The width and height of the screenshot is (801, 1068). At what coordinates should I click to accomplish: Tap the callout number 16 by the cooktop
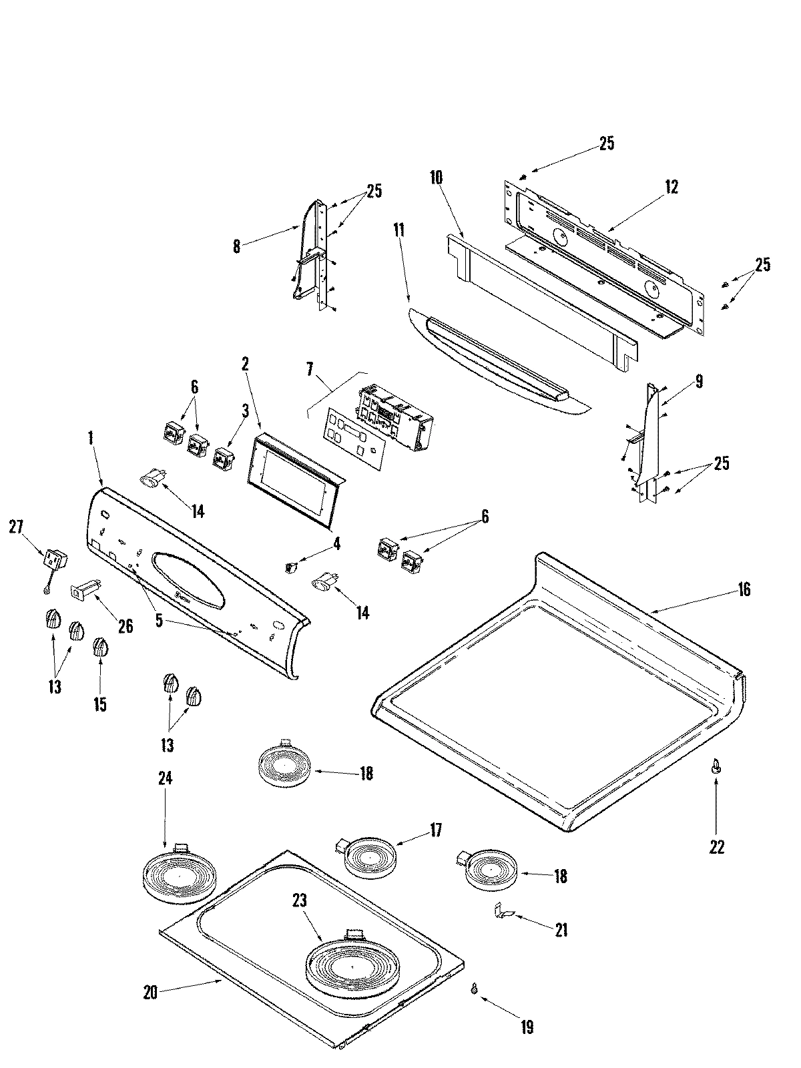point(744,589)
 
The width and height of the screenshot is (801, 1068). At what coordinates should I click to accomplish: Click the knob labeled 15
point(99,647)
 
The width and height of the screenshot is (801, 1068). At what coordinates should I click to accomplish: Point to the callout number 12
point(671,187)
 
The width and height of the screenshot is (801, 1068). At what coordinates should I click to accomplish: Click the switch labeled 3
point(221,459)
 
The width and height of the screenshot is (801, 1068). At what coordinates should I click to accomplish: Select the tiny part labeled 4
point(290,567)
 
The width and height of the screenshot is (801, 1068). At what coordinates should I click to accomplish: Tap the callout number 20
point(150,993)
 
